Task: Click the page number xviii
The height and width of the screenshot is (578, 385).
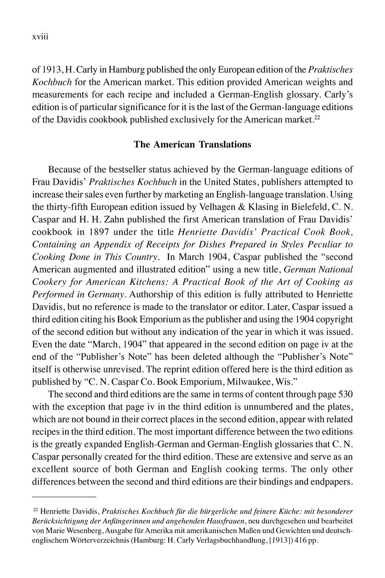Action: (41, 37)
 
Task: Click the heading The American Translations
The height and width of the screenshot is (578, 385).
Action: (192, 144)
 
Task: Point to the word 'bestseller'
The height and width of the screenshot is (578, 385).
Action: (118, 170)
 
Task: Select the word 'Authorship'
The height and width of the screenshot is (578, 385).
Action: (151, 294)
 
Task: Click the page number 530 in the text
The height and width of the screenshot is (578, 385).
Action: (345, 394)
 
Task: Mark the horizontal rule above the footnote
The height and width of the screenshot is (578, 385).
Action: (64, 497)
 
